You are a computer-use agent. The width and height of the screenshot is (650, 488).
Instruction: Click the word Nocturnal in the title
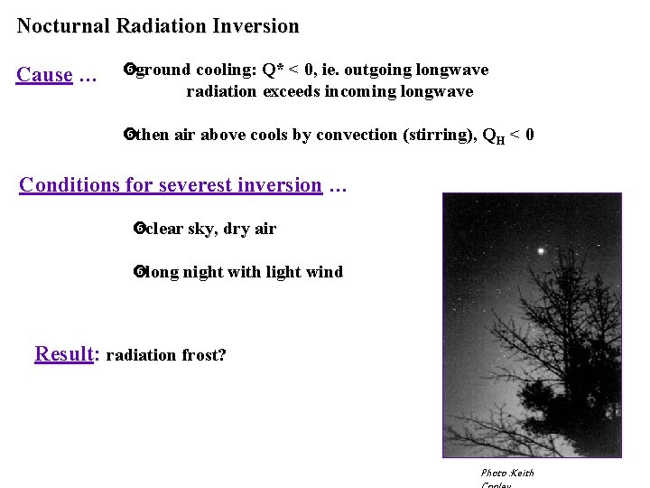pyautogui.click(x=63, y=26)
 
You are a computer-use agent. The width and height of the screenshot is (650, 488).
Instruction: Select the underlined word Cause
pyautogui.click(x=44, y=75)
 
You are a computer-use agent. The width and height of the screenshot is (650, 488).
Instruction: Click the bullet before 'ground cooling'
pyautogui.click(x=128, y=70)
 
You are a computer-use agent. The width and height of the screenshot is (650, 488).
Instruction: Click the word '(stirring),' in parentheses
pyautogui.click(x=431, y=135)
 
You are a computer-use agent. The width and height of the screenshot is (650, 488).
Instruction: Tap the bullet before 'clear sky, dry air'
pyautogui.click(x=139, y=229)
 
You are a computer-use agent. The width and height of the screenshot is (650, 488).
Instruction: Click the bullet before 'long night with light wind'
pyautogui.click(x=139, y=272)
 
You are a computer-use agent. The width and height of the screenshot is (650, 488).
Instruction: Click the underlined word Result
pyautogui.click(x=64, y=353)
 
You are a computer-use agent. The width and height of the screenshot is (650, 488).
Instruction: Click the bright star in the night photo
pyautogui.click(x=541, y=250)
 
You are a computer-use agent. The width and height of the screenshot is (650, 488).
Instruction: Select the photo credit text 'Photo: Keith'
pyautogui.click(x=507, y=473)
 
